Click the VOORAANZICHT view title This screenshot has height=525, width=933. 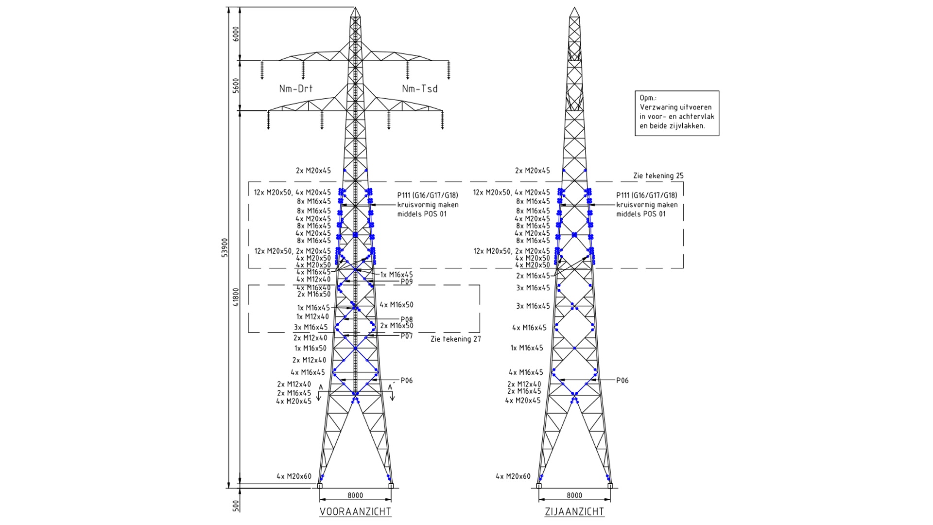click(x=355, y=511)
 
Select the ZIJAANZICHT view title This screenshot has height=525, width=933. click(x=574, y=511)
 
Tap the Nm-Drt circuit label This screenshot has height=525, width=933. click(x=295, y=88)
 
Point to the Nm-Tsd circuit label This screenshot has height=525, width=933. click(x=419, y=88)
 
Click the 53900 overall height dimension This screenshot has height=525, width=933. click(x=225, y=247)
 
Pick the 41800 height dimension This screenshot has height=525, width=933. click(x=236, y=297)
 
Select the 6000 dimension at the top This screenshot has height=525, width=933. click(x=236, y=34)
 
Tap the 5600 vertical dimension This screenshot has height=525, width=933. click(x=236, y=86)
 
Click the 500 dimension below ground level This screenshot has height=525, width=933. click(x=236, y=505)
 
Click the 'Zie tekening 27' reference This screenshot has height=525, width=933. click(x=455, y=339)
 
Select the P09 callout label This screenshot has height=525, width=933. click(x=406, y=282)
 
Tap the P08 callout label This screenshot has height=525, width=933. click(x=407, y=320)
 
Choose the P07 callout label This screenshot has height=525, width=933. click(x=406, y=336)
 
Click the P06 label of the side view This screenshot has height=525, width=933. click(x=622, y=381)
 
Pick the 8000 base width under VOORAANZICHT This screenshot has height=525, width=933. click(x=355, y=495)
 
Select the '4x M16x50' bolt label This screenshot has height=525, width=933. click(x=396, y=305)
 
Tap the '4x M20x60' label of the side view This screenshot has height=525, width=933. click(x=513, y=476)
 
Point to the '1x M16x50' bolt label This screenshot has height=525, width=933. click(x=310, y=348)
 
